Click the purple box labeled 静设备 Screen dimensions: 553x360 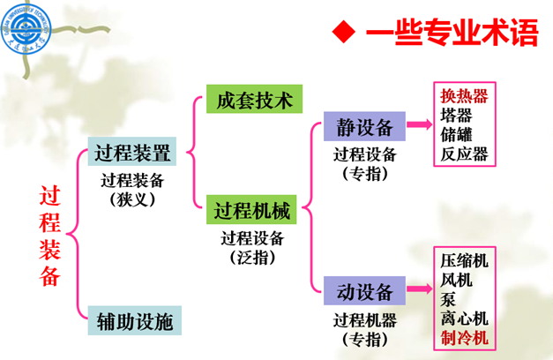[x=358, y=125]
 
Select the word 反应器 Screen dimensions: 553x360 [x=464, y=154]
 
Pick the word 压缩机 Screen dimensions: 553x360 [x=464, y=261]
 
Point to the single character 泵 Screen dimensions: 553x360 [x=448, y=299]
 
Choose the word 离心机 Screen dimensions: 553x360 [x=464, y=319]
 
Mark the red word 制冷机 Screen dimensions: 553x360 [x=464, y=338]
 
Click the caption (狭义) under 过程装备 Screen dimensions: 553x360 [x=132, y=200]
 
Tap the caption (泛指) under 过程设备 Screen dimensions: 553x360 [x=252, y=258]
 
